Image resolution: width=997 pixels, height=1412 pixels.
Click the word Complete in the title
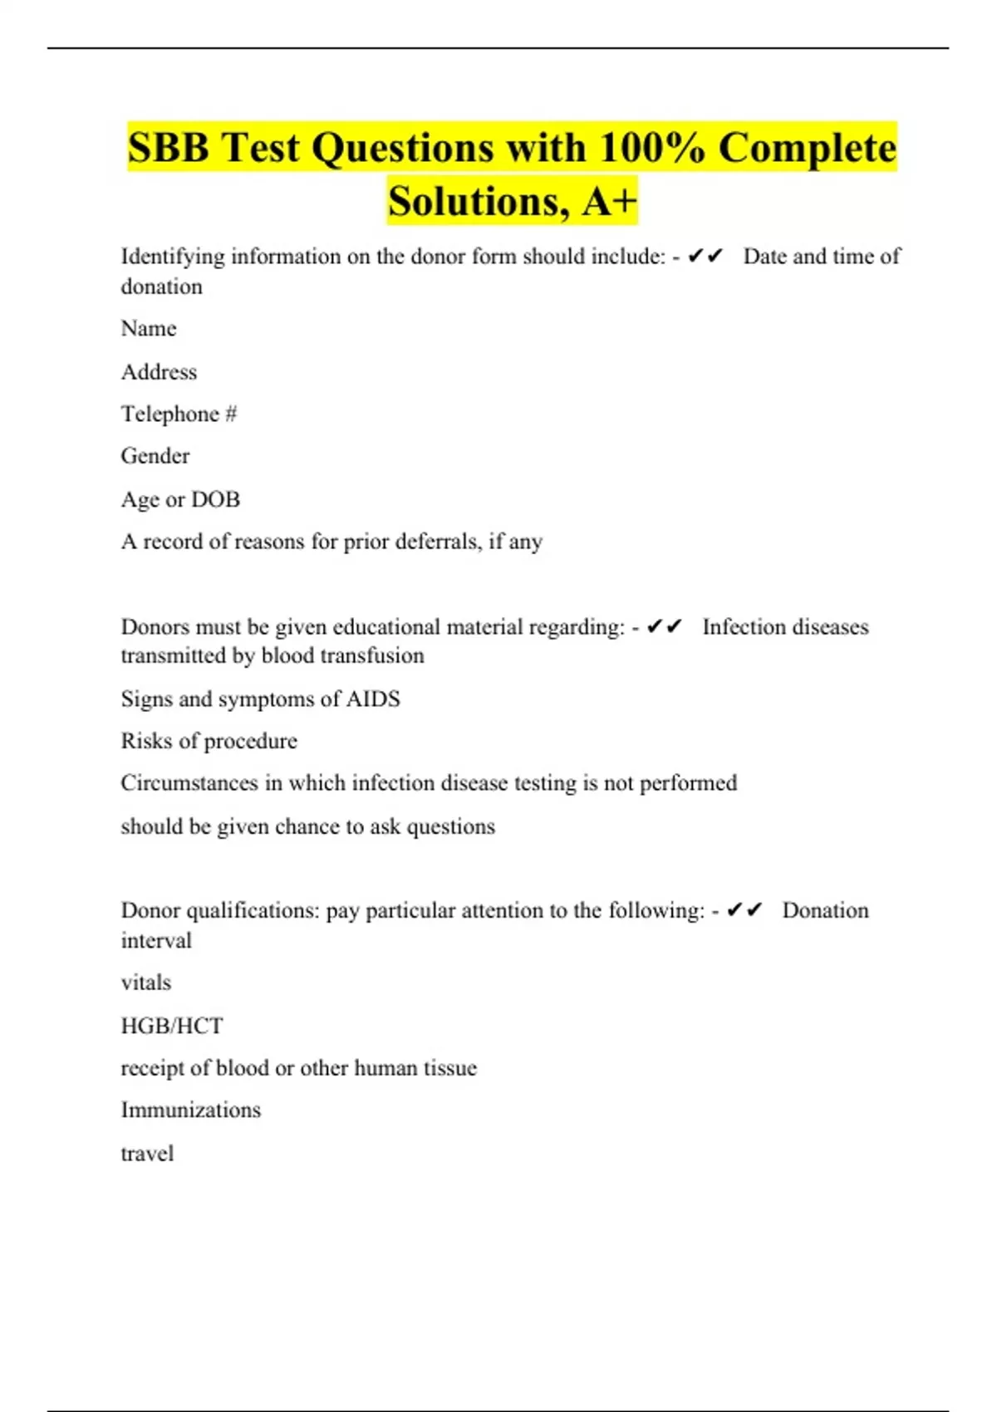click(807, 149)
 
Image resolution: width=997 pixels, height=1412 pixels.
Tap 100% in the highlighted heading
click(651, 149)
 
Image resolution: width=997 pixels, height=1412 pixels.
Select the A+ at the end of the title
click(609, 201)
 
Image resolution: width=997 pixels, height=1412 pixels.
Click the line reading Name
click(149, 329)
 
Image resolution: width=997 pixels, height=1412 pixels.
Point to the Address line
click(159, 372)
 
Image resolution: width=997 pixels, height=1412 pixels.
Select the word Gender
click(155, 456)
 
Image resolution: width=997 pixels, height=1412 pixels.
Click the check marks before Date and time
click(705, 257)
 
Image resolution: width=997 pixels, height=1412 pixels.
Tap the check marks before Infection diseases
click(664, 626)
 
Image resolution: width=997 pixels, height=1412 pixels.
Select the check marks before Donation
click(744, 910)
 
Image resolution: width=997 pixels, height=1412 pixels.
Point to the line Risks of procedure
click(209, 741)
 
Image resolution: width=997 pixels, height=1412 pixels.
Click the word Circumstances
click(189, 783)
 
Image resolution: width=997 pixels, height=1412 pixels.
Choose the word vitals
click(146, 983)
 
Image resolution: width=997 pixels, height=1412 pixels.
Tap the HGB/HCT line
click(172, 1026)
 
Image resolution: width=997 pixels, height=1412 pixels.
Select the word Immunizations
click(191, 1110)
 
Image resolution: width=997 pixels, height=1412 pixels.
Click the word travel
click(147, 1153)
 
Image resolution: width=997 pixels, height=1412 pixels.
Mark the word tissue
click(451, 1067)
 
